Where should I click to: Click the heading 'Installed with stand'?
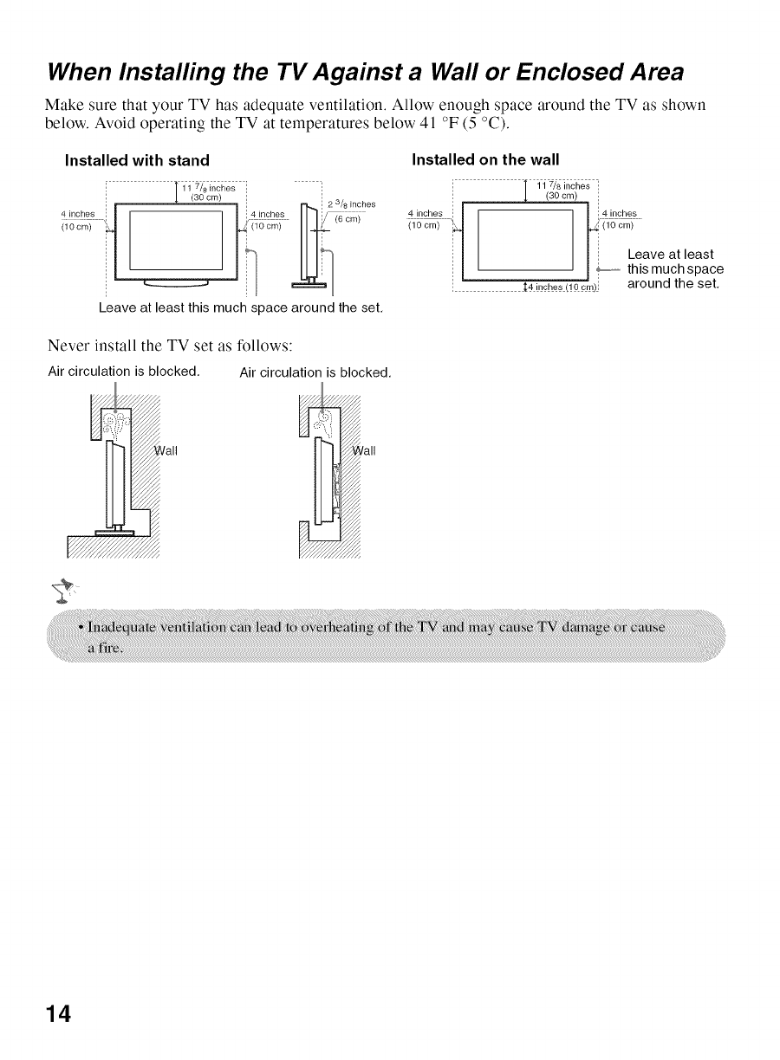[138, 159]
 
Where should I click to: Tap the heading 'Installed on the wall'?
[485, 159]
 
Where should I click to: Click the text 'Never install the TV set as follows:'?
[171, 346]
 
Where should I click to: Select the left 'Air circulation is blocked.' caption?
[124, 372]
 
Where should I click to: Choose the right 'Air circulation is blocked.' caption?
[315, 373]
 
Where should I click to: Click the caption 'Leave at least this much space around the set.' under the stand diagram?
[241, 307]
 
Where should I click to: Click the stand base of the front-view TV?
[172, 281]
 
